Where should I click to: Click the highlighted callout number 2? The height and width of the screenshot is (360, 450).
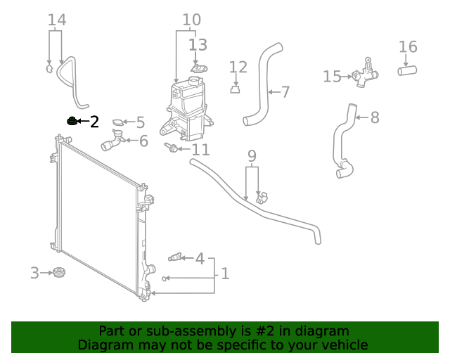pos(94,122)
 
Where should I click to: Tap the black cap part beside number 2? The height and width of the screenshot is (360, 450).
pos(71,121)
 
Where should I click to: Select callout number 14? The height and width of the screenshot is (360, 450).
pos(57,20)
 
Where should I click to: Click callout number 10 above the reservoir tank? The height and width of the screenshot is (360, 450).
pos(191,20)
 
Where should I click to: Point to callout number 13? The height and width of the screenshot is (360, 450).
pos(198,46)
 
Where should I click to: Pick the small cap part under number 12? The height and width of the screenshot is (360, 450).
pos(236,89)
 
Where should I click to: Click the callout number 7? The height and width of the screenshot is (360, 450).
pos(285,91)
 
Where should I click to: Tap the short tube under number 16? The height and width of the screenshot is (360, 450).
pos(408,70)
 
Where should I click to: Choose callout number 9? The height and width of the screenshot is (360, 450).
pos(252,155)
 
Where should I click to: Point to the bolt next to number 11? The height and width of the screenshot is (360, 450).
pos(169,148)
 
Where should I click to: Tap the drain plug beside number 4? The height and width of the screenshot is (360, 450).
pos(174,258)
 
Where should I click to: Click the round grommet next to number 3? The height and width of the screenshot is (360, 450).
pos(58,273)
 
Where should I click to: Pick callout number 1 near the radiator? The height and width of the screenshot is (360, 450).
pos(224,273)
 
